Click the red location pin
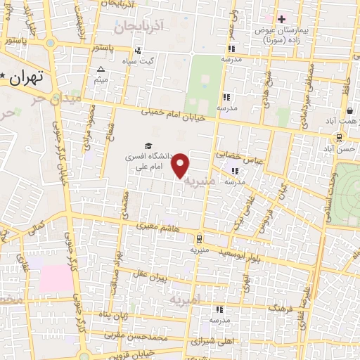point(181,165)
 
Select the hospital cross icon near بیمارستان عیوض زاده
point(281,19)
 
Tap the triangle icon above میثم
point(101,70)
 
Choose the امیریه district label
point(185,300)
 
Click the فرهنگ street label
point(281,308)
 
